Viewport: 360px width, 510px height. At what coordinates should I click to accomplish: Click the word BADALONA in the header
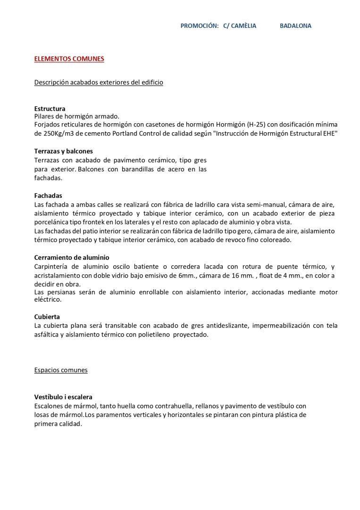(295, 26)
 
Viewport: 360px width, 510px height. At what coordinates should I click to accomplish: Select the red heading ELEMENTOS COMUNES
(69, 59)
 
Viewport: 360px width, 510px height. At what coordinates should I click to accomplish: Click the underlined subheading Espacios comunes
(61, 370)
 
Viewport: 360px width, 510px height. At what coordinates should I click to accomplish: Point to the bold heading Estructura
(50, 109)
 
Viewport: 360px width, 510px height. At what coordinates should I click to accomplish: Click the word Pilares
(45, 116)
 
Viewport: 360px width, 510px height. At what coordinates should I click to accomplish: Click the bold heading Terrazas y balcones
(63, 151)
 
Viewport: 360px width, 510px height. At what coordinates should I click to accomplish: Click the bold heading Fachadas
(48, 195)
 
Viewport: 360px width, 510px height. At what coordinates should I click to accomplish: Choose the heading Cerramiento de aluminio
(72, 258)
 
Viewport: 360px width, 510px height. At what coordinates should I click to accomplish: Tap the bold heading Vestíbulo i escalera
(63, 397)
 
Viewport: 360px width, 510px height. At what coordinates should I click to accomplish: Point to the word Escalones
(49, 406)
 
